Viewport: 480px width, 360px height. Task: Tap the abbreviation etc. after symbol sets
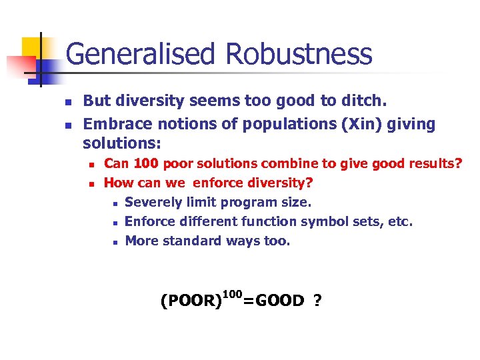pos(399,221)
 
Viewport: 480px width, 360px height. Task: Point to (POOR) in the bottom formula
pos(191,301)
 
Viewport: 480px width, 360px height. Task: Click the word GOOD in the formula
pos(280,301)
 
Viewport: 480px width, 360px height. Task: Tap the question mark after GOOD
pos(317,301)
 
